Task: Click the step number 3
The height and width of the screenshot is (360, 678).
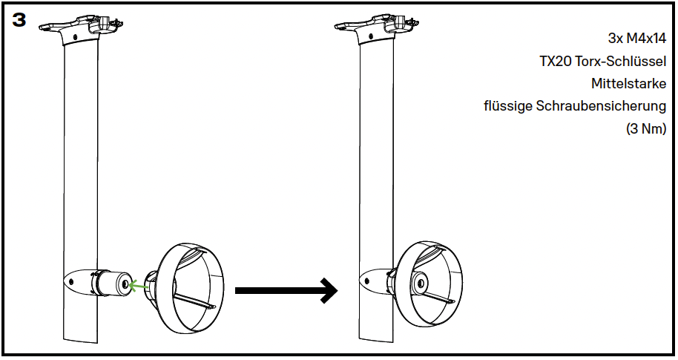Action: tap(19, 21)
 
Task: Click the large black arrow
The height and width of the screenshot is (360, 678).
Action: tap(286, 289)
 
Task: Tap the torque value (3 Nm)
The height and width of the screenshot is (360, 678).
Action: tap(645, 128)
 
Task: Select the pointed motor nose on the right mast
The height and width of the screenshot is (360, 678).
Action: tap(367, 281)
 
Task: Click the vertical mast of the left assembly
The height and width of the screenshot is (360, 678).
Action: tap(81, 163)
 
